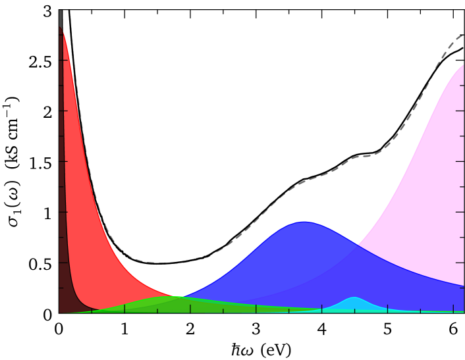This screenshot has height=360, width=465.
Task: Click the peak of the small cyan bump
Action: [x=354, y=298]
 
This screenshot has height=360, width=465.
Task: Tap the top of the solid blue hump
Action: [x=304, y=222]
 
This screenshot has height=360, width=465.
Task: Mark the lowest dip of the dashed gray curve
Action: [x=173, y=263]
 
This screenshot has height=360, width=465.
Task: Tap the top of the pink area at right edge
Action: [x=462, y=65]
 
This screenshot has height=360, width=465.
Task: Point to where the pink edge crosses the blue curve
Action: [x=358, y=245]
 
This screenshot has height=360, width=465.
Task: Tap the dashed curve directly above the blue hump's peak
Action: [x=304, y=181]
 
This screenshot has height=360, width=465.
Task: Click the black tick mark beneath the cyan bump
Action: [x=354, y=308]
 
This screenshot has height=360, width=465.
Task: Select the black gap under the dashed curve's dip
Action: [x=173, y=280]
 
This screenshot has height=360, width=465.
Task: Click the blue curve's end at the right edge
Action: [x=463, y=286]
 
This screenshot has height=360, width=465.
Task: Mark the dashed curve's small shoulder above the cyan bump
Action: [x=359, y=156]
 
